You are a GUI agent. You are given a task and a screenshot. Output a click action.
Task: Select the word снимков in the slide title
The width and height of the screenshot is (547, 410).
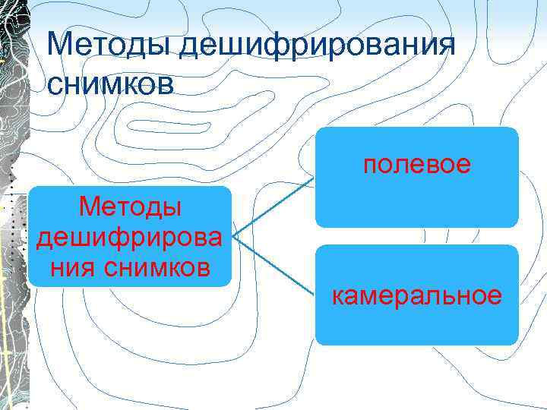(109, 83)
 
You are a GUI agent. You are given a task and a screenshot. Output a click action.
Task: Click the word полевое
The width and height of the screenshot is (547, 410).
(416, 164)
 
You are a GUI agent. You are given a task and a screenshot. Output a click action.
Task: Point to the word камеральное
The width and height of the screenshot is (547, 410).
(416, 295)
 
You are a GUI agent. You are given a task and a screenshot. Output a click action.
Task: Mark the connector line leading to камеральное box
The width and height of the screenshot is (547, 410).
(273, 266)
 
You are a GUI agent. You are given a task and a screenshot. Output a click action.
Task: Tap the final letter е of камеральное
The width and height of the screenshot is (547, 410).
(495, 295)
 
